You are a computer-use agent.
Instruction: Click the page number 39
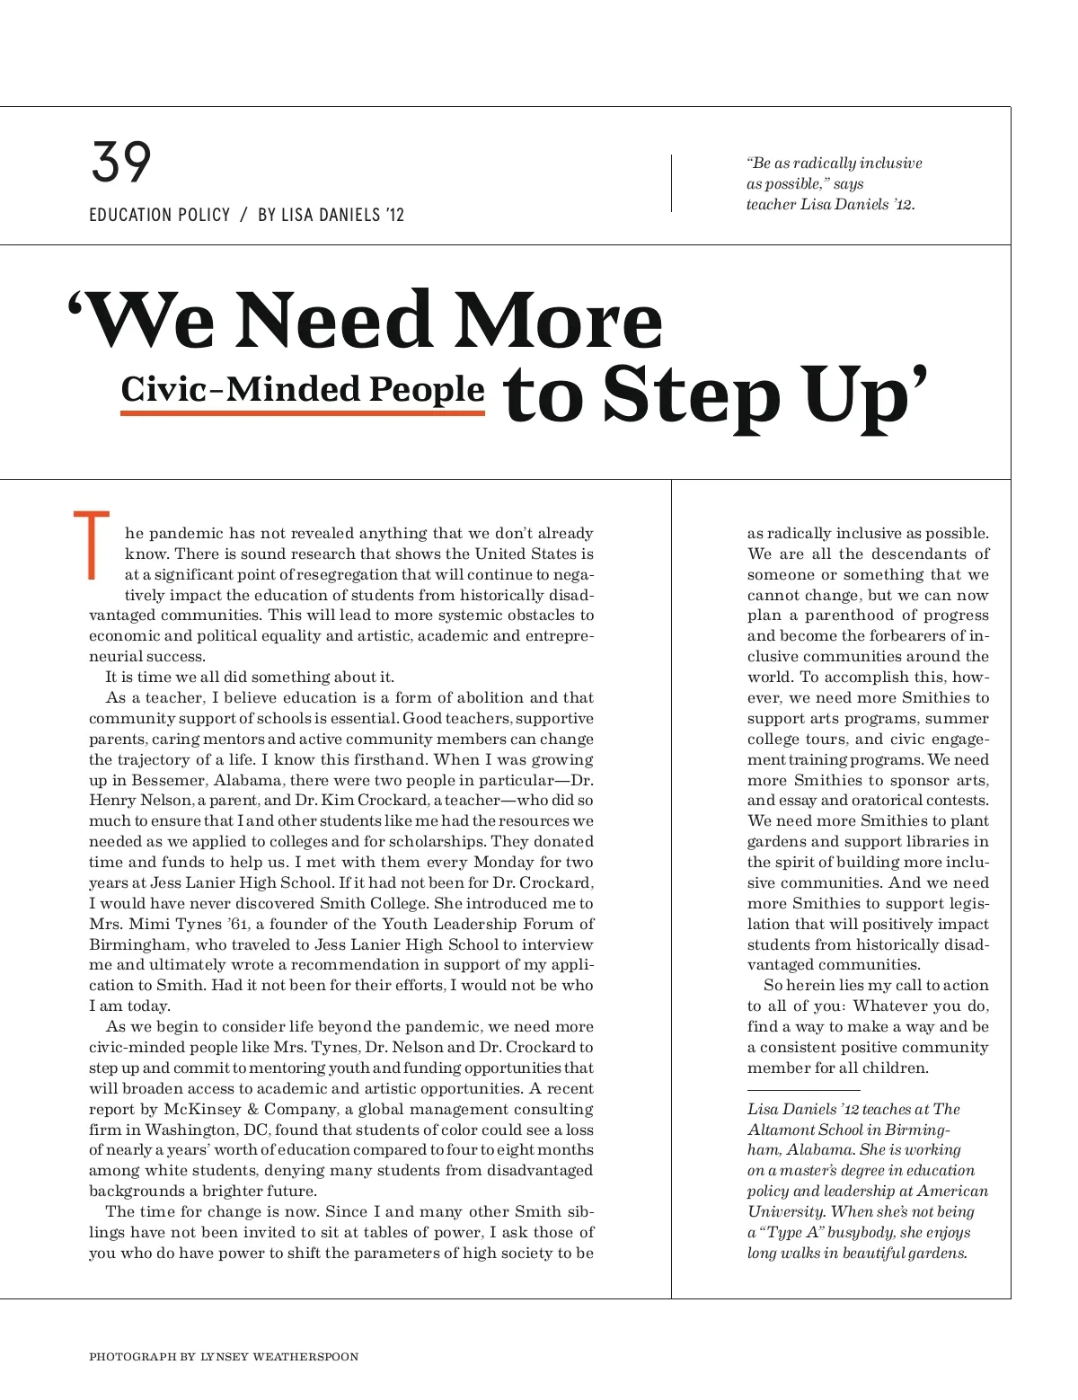(x=121, y=163)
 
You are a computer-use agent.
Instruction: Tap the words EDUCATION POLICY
(x=160, y=215)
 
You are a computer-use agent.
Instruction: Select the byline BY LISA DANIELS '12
(x=331, y=215)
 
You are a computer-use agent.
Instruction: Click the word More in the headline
(x=557, y=322)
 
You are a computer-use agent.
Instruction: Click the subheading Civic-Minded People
(x=303, y=389)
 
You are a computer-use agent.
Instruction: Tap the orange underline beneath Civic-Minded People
(x=303, y=412)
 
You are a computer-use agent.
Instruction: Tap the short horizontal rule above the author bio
(x=803, y=1090)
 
